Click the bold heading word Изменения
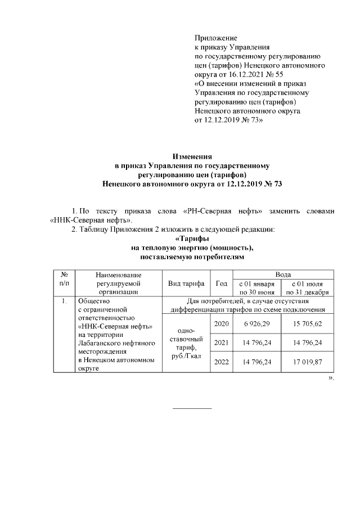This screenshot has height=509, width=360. coord(192,156)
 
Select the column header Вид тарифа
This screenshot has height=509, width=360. coord(186,283)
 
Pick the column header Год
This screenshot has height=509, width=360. coord(222,283)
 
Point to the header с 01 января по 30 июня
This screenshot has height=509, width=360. coord(256,287)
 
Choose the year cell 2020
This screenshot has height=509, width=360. coord(222,325)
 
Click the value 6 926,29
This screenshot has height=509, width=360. coord(256,325)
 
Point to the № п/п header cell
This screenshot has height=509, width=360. coord(64,278)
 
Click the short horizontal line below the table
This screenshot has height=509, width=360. coord(192,407)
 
